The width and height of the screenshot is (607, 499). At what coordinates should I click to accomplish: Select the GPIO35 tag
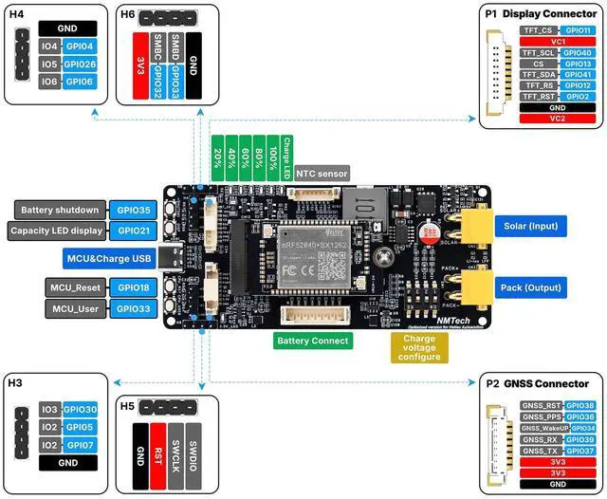pyautogui.click(x=133, y=210)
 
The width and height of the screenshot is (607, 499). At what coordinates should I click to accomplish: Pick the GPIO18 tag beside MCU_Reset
pyautogui.click(x=133, y=286)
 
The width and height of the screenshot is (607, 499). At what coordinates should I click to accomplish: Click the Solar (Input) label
pyautogui.click(x=529, y=226)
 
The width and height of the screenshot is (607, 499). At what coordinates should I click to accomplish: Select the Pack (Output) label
pyautogui.click(x=529, y=286)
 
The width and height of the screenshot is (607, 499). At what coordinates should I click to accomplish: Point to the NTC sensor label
pyautogui.click(x=322, y=174)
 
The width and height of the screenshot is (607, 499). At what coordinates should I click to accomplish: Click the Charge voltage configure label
pyautogui.click(x=419, y=347)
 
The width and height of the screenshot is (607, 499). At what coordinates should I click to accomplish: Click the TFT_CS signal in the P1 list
pyautogui.click(x=538, y=30)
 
